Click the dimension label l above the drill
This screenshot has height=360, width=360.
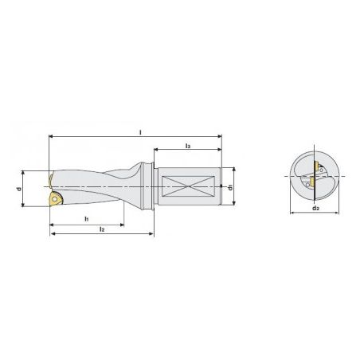tap(141, 132)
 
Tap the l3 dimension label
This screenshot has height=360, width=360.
tap(188, 146)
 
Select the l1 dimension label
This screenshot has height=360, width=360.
tap(87, 219)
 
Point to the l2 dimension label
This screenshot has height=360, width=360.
tap(102, 229)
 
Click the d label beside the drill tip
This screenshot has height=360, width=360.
tap(19, 189)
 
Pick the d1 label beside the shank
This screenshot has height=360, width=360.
tap(231, 187)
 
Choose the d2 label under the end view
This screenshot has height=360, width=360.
tap(315, 208)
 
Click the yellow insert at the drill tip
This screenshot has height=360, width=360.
tap(56, 199)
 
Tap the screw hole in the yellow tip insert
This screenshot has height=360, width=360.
tap(55, 198)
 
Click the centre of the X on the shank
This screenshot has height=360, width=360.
tap(188, 186)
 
